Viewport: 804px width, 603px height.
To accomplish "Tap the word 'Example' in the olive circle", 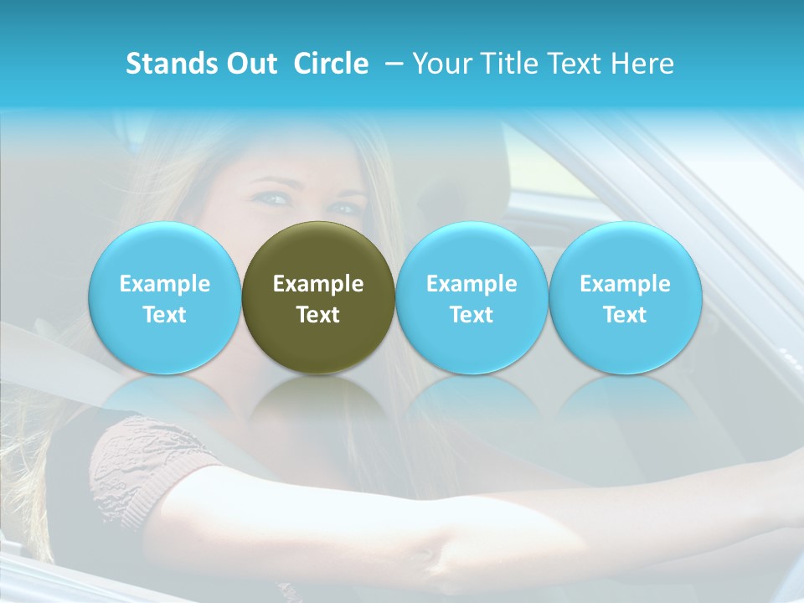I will click(x=318, y=284).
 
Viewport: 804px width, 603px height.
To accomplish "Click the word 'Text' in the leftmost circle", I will click(x=164, y=315).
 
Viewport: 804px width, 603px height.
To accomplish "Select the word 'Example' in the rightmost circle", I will click(x=625, y=284).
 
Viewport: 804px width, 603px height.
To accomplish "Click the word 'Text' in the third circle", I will click(x=472, y=315).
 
